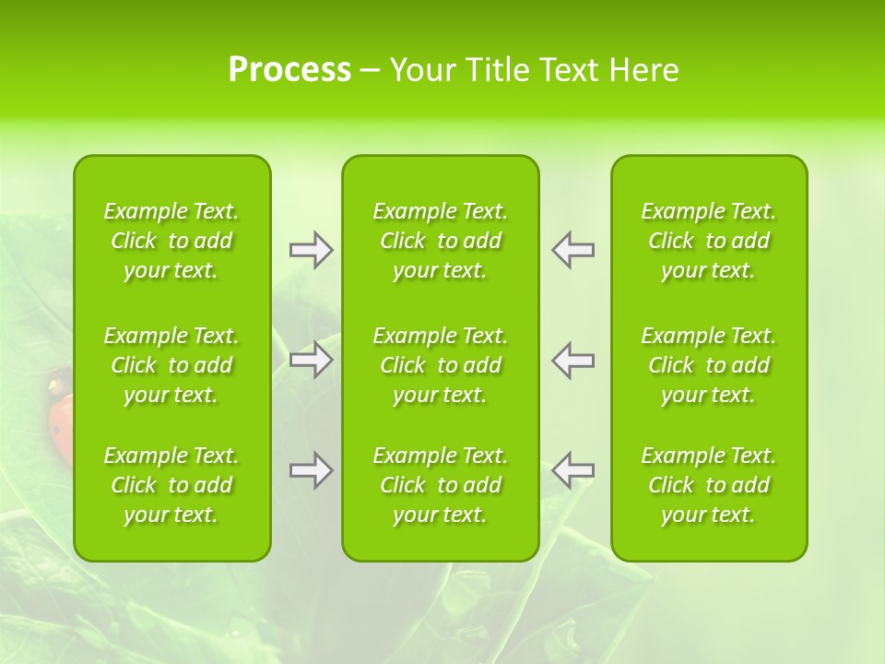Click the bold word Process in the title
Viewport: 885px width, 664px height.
pos(289,70)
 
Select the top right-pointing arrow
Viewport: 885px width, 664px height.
pos(311,250)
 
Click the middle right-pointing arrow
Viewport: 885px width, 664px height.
pos(311,360)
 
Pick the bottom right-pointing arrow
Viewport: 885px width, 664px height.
pos(311,470)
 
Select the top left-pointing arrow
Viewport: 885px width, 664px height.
pos(573,250)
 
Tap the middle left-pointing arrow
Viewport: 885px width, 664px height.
pos(573,360)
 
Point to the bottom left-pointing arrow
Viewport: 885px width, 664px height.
pos(573,470)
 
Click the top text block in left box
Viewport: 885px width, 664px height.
pos(171,241)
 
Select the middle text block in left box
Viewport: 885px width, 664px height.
pos(171,365)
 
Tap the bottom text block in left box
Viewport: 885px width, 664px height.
pos(171,485)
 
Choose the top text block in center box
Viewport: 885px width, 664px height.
pos(441,241)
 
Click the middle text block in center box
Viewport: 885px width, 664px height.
pos(441,365)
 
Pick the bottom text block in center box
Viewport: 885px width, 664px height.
pos(441,485)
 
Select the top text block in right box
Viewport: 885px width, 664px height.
pos(709,241)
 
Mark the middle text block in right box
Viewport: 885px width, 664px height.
pos(709,365)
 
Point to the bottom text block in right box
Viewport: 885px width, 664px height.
pos(709,485)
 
